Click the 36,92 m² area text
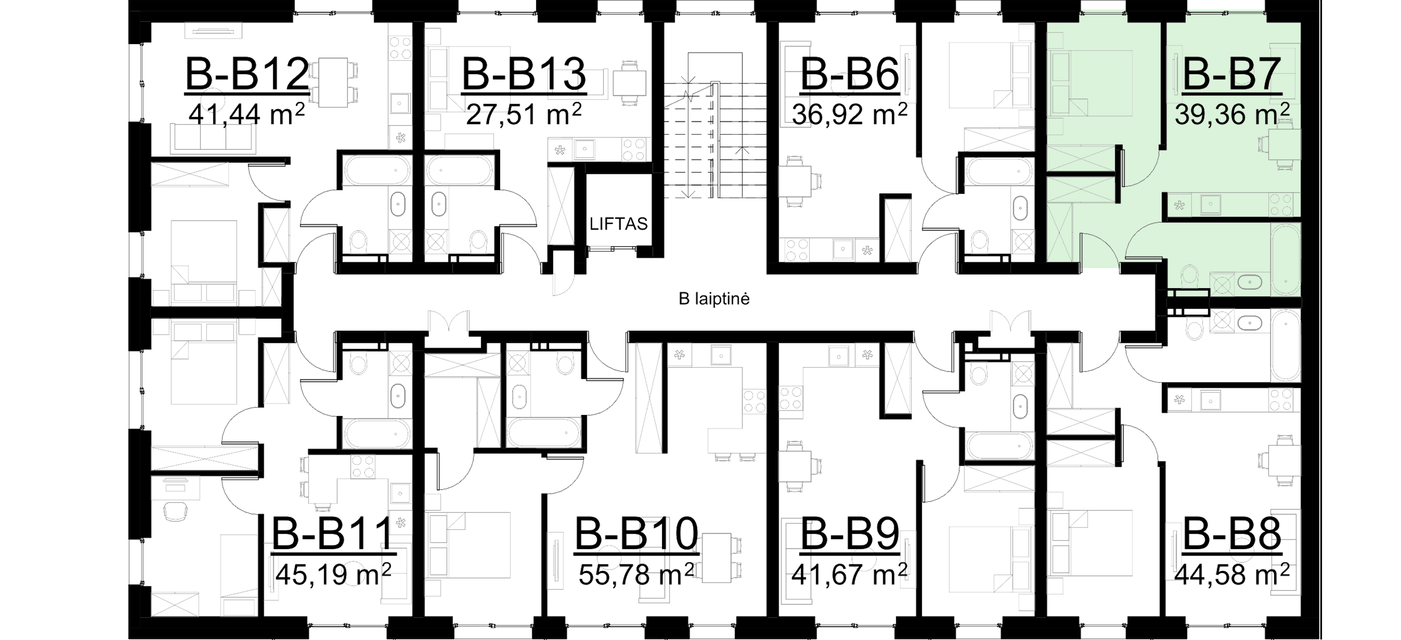(x=849, y=114)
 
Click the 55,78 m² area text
(x=636, y=573)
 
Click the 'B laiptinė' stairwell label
(x=714, y=299)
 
